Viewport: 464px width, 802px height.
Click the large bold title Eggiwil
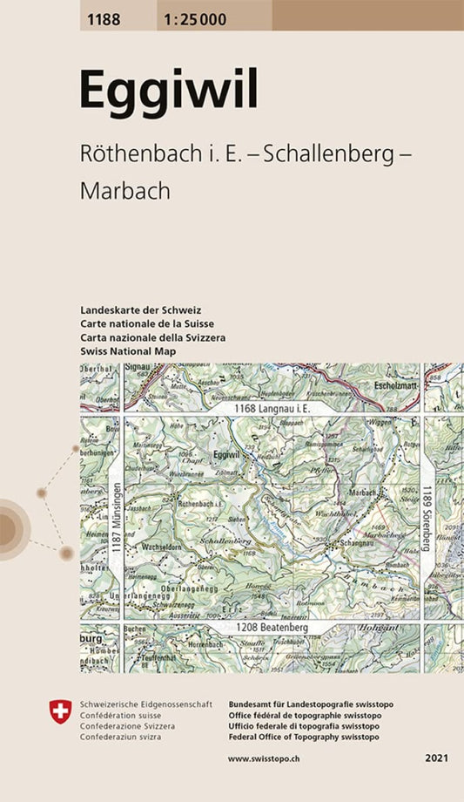click(168, 90)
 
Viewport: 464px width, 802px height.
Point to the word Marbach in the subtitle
click(124, 191)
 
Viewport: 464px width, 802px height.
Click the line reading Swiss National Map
click(127, 351)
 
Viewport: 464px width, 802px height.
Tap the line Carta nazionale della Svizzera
click(152, 337)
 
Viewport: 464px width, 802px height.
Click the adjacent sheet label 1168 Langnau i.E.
click(271, 408)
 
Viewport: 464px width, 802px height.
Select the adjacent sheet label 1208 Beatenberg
click(272, 627)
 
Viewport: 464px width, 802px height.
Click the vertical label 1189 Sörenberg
click(427, 519)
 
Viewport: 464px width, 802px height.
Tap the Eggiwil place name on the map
click(225, 455)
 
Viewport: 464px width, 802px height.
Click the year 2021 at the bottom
click(437, 760)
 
